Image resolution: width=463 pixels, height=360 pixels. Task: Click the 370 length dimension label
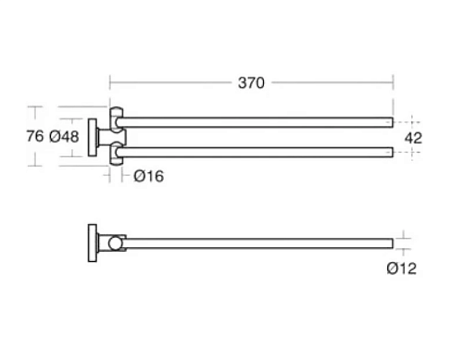pyautogui.click(x=251, y=83)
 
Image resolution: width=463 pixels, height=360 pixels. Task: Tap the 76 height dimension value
pyautogui.click(x=35, y=136)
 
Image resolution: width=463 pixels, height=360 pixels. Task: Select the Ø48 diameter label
pyautogui.click(x=64, y=136)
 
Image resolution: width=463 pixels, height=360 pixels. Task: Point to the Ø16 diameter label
pyautogui.click(x=148, y=176)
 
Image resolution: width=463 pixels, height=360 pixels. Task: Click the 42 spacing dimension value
pyautogui.click(x=413, y=138)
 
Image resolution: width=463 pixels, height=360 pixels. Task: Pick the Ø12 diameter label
pyautogui.click(x=401, y=268)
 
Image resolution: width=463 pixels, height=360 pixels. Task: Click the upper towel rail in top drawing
pyautogui.click(x=255, y=122)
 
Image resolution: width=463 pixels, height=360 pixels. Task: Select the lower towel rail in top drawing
pyautogui.click(x=255, y=153)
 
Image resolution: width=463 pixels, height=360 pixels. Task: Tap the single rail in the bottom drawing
pyautogui.click(x=258, y=243)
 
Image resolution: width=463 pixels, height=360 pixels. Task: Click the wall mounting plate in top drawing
pyautogui.click(x=93, y=137)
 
